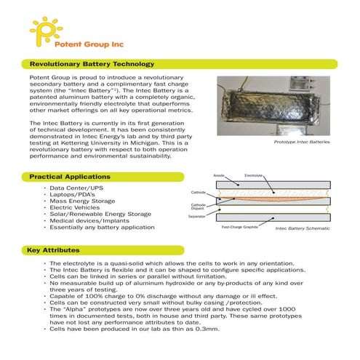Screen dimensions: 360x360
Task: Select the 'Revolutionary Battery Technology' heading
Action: point(91,64)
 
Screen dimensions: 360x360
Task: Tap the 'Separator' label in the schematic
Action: point(197,217)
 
